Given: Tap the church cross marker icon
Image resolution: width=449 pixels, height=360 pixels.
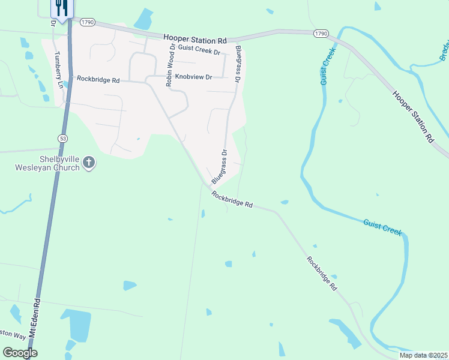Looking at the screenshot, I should pos(89,162).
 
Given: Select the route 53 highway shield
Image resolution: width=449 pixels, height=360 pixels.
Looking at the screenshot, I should pos(62,139).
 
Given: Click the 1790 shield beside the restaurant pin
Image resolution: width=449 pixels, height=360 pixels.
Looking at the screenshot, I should pos(88,23).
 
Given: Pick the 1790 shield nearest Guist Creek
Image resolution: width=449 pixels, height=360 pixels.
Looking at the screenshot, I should pos(320,34).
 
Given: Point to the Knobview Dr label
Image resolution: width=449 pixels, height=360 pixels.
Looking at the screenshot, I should pos(193,77).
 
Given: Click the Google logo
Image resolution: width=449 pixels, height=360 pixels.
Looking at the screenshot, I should pos(20,353).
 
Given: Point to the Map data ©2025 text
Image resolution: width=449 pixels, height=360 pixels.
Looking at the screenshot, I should pos(423,355).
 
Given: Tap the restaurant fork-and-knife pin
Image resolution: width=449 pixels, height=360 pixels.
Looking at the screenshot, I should pos(61,7).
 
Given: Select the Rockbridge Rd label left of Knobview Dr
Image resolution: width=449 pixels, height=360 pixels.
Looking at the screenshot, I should pos(98,79).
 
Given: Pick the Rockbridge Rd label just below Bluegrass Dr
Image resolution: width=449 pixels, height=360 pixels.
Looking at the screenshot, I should pos(232,200).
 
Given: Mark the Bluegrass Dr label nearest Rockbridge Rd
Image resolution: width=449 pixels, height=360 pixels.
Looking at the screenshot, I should pos(220,167).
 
